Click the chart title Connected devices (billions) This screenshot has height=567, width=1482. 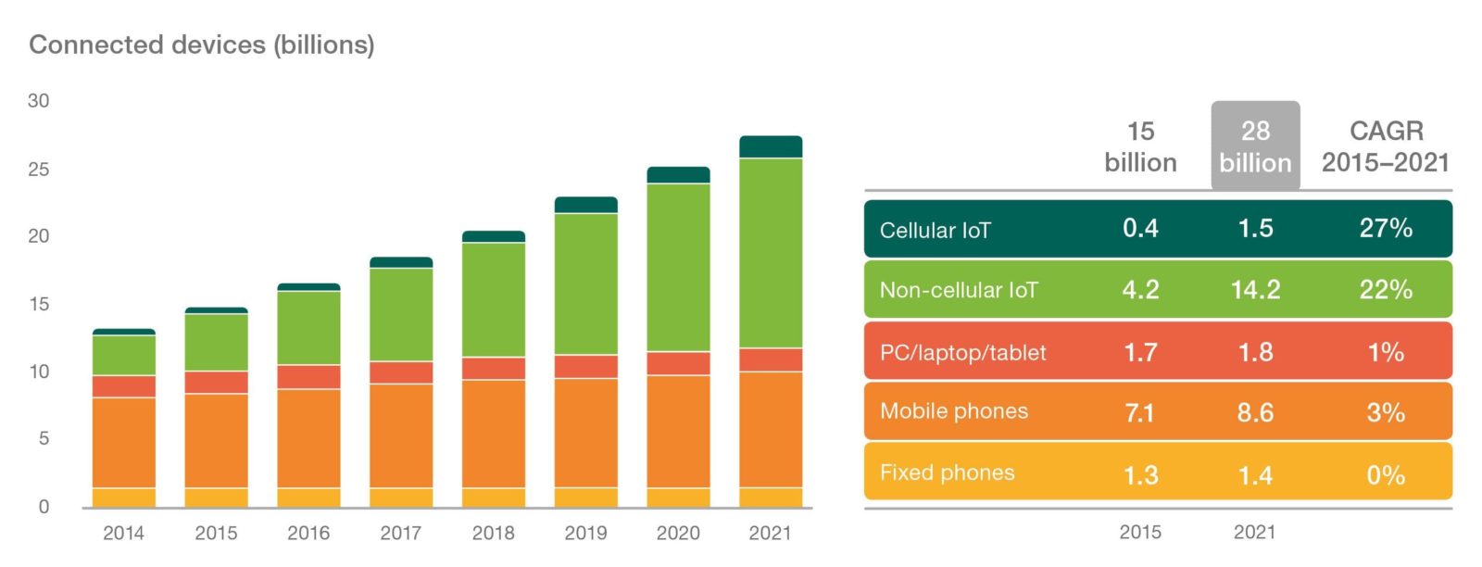click(x=202, y=44)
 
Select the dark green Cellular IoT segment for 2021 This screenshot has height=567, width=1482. click(x=771, y=147)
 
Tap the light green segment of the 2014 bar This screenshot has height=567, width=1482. click(x=124, y=355)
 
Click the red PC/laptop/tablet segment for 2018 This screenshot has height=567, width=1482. click(x=494, y=368)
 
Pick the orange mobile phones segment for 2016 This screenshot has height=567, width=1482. click(x=308, y=437)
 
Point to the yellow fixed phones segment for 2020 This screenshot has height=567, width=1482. click(x=678, y=498)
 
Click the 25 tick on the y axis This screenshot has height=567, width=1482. click(x=39, y=170)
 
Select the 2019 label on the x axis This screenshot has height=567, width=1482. click(x=585, y=533)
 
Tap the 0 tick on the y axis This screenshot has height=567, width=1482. click(x=44, y=507)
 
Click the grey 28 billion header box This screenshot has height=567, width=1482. click(x=1255, y=146)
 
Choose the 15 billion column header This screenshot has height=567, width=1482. click(x=1140, y=146)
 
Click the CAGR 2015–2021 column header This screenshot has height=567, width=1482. click(x=1385, y=146)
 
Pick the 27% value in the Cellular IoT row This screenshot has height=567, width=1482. click(x=1386, y=229)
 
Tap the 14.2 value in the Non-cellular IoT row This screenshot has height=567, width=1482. click(x=1255, y=290)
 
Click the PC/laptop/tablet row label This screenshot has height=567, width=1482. click(x=962, y=353)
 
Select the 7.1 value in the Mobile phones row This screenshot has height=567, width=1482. click(x=1139, y=412)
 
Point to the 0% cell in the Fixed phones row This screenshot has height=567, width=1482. click(x=1386, y=475)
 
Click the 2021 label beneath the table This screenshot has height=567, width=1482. click(x=1254, y=532)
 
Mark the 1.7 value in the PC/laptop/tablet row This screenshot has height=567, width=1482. click(x=1140, y=352)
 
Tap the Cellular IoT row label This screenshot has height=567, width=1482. click(x=935, y=231)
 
